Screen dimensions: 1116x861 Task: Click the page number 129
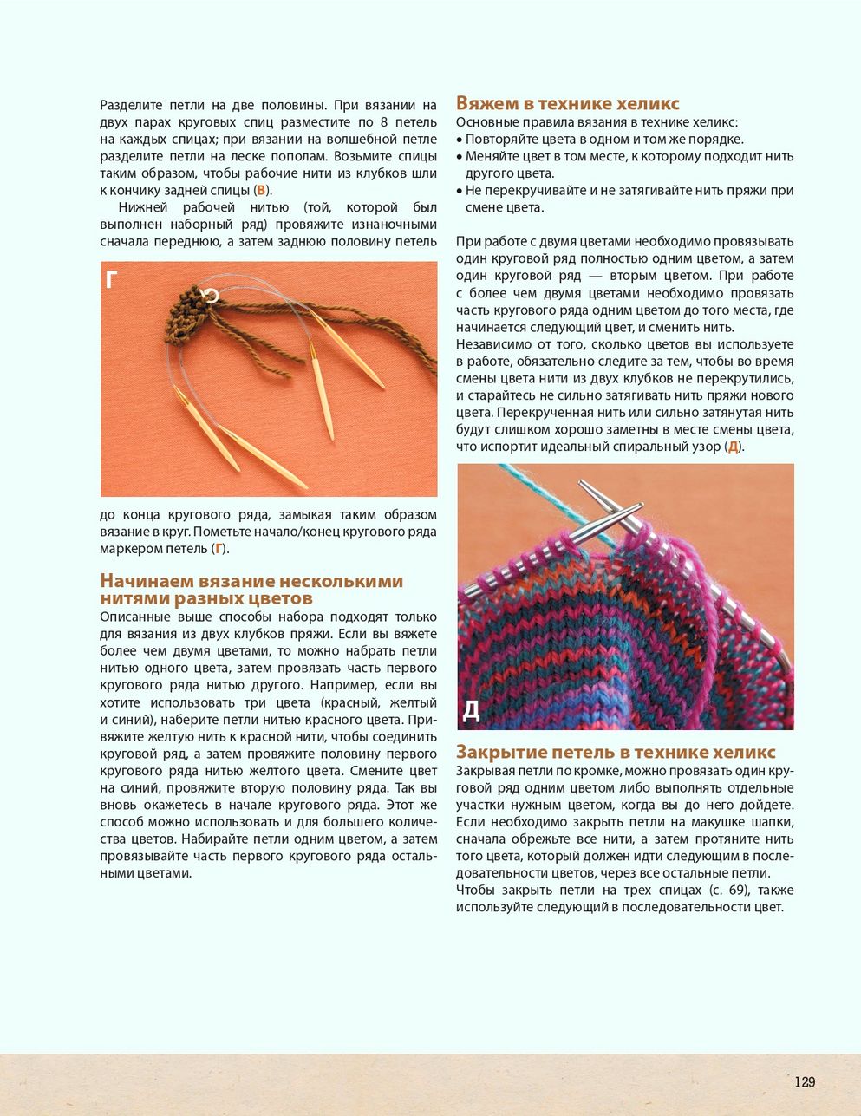pos(805,1081)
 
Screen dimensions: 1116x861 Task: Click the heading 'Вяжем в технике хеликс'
pos(567,104)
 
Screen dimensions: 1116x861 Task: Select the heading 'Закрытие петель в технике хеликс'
pos(616,752)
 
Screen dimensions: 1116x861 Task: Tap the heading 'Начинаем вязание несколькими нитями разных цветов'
pos(251,590)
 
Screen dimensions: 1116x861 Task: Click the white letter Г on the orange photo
pos(112,280)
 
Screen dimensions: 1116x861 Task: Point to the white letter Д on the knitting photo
pos(471,710)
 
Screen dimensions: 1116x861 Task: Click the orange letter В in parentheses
pos(261,191)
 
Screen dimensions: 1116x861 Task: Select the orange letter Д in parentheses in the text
pos(733,447)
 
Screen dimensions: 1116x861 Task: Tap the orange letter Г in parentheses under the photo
pos(219,549)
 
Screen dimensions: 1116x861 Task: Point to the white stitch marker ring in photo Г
pos(210,296)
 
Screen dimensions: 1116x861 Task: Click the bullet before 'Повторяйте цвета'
pos(460,140)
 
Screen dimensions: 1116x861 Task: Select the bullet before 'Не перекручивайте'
pos(460,191)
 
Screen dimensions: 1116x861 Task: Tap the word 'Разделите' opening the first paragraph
pos(128,106)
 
